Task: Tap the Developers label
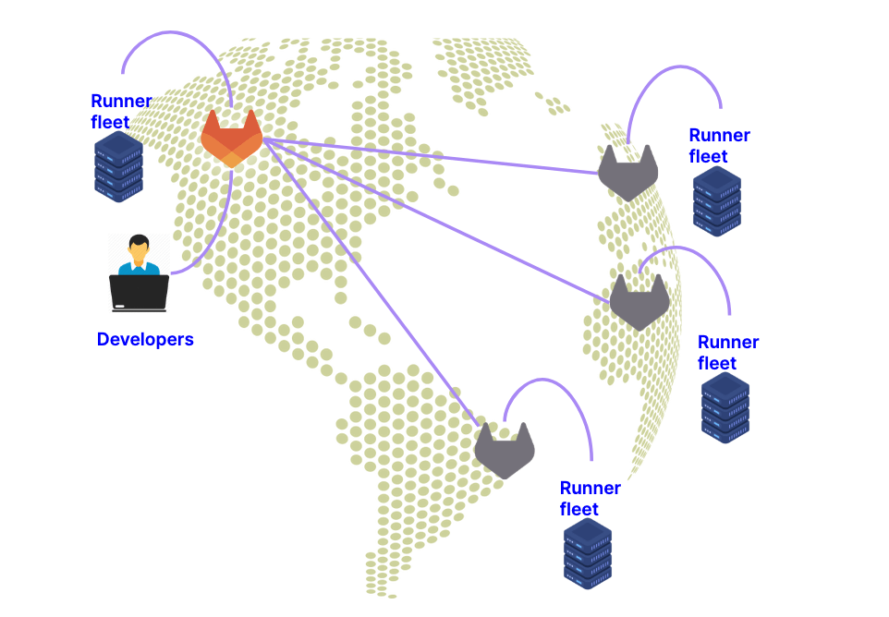[x=145, y=340]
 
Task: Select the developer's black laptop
[x=139, y=292]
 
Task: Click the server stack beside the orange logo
[x=118, y=166]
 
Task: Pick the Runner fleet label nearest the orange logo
[x=121, y=111]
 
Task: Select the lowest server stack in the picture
[x=588, y=552]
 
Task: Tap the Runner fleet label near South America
[x=590, y=499]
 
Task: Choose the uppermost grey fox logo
[x=627, y=174]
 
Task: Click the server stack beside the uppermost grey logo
[x=717, y=201]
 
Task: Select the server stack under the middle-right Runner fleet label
[x=725, y=408]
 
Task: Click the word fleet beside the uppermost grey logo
[x=709, y=157]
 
